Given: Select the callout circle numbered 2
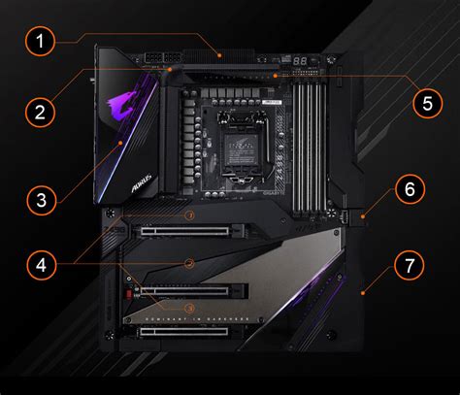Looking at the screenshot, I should pyautogui.click(x=39, y=112).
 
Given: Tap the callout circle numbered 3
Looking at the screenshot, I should pyautogui.click(x=39, y=202).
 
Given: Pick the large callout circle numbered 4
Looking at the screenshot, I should pyautogui.click(x=39, y=263).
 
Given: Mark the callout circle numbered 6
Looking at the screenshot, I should pyautogui.click(x=410, y=189).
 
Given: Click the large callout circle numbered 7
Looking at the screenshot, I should pyautogui.click(x=410, y=263).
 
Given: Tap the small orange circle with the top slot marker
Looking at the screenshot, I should pyautogui.click(x=190, y=214).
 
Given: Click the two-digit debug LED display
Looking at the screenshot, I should pyautogui.click(x=302, y=60).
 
